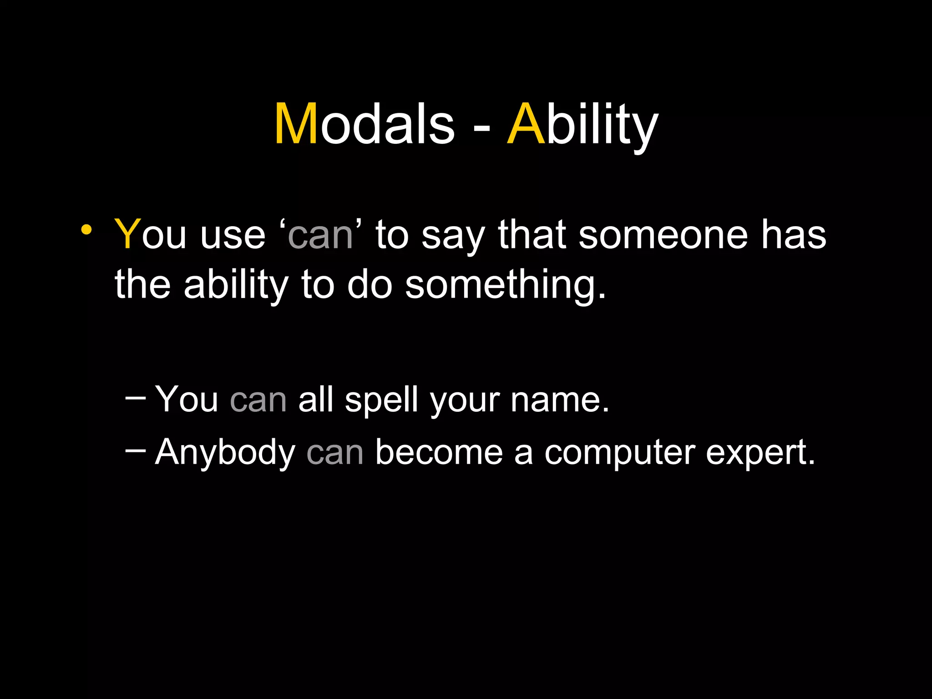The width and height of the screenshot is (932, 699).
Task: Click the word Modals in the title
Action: click(364, 124)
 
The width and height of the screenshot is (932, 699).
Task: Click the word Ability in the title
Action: click(582, 124)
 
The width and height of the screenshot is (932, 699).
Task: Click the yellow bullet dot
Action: click(86, 230)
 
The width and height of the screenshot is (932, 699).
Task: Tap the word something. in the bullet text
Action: click(505, 286)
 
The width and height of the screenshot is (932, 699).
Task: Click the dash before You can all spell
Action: click(135, 398)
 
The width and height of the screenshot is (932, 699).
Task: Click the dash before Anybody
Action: click(135, 450)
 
